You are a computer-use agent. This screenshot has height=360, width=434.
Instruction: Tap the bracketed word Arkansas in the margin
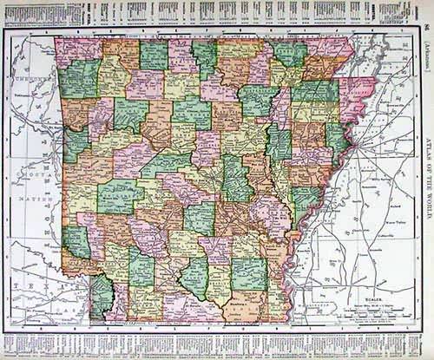click(x=423, y=49)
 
